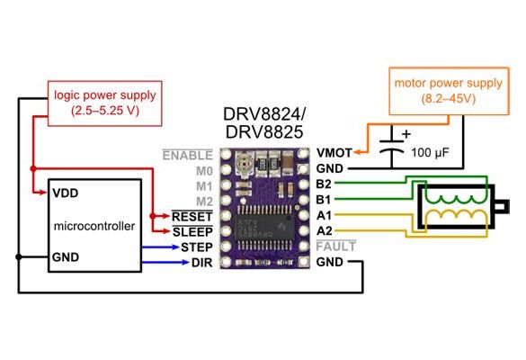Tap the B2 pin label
coord(325,184)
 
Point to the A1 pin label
coord(325,215)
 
